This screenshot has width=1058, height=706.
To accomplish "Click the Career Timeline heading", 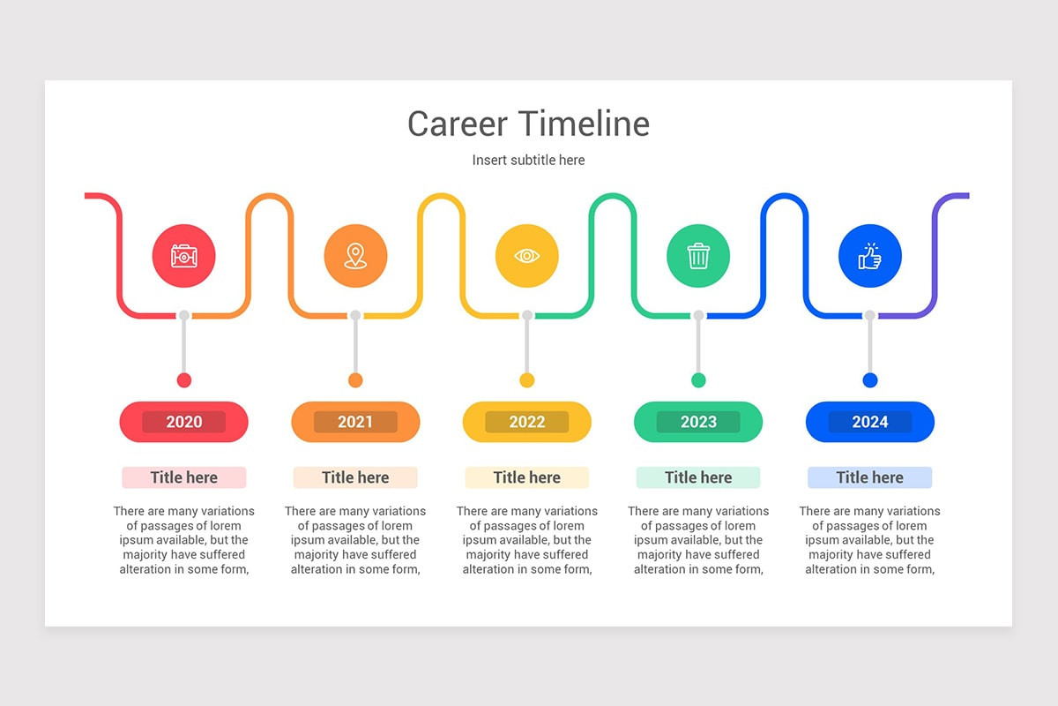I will click(528, 124).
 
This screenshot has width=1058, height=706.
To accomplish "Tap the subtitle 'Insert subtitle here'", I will click(528, 160).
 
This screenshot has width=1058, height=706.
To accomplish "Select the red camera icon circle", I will click(183, 256).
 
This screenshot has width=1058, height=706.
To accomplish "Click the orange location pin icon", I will click(355, 256).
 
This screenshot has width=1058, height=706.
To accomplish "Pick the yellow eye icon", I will click(527, 256).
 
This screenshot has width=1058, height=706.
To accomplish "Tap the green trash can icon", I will click(698, 256).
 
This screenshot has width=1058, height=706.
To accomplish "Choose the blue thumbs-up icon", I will click(870, 256).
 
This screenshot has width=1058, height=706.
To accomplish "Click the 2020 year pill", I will click(183, 422).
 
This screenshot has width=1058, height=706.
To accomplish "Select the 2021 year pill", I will click(355, 422).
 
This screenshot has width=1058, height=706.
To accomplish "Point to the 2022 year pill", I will click(527, 422).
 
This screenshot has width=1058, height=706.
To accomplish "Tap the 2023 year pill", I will click(698, 422).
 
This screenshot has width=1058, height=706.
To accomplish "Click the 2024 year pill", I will click(870, 422).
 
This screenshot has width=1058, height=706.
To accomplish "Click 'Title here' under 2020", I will click(183, 477).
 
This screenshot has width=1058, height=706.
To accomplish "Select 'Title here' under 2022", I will click(527, 477).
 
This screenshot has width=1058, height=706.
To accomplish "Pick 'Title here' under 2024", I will click(870, 477).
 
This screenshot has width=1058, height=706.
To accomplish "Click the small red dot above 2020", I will click(183, 380).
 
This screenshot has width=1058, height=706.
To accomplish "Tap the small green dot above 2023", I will click(698, 380).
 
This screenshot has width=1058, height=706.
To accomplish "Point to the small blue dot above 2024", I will click(870, 380).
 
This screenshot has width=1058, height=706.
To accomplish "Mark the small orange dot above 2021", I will click(355, 380).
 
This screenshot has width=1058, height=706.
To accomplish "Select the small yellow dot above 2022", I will click(527, 380).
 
